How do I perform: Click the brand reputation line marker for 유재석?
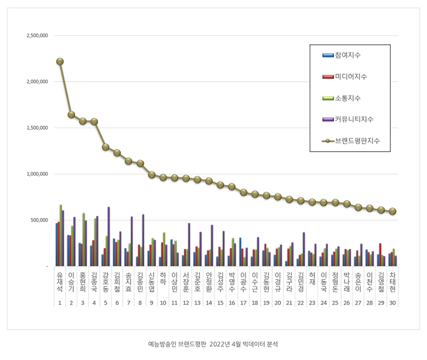point(60,61)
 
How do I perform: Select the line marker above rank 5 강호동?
point(106,147)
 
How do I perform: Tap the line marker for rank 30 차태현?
point(392,211)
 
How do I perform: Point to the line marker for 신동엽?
point(152,175)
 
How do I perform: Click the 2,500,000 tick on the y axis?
point(37,35)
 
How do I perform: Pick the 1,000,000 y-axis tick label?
point(37,174)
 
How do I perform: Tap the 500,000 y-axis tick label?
point(39,220)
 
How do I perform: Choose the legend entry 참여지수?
point(342,55)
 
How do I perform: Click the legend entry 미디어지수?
point(345,76)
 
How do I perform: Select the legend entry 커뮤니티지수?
point(348,119)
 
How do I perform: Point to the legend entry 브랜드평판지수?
point(351,140)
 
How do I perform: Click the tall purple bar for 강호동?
point(109,236)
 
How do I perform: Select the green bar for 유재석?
point(61,235)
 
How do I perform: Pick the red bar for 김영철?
point(380,255)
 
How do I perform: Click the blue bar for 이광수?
point(240,252)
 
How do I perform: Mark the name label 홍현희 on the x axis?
point(83,282)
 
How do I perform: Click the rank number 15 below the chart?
point(220,303)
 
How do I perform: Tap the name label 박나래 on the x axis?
point(346,282)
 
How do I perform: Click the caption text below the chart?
point(213,344)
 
